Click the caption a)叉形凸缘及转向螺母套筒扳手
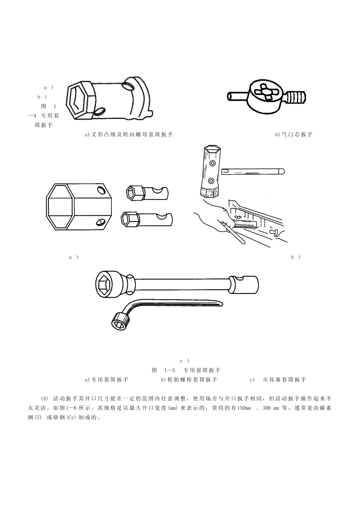[x=129, y=134]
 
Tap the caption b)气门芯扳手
[x=294, y=134]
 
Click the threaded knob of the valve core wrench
[x=296, y=97]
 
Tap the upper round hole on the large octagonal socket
[x=100, y=190]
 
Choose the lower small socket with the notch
[x=147, y=219]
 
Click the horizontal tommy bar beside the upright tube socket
[x=253, y=171]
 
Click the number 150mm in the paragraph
[x=244, y=408]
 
